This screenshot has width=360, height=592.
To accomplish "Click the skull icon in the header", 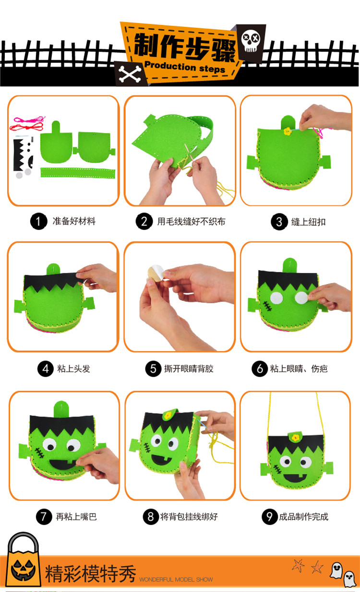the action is [251, 40].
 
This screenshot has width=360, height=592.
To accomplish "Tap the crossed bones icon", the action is [130, 74].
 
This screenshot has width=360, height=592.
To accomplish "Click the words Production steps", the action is [185, 67].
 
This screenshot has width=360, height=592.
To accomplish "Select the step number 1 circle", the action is [38, 221].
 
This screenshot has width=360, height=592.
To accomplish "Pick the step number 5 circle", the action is [154, 368].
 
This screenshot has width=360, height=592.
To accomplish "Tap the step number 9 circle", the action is [270, 516].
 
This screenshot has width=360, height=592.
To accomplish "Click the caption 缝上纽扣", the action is [309, 222].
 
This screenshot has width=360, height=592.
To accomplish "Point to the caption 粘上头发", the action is [74, 368].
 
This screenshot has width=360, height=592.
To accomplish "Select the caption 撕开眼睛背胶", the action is [189, 368].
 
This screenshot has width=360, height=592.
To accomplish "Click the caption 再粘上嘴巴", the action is [76, 516].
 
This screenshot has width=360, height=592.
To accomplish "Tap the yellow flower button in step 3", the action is [288, 131].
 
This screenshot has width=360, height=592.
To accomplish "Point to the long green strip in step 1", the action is [78, 173].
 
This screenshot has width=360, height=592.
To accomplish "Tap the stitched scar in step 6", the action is [267, 306].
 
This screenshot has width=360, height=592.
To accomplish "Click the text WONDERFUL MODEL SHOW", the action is [176, 580].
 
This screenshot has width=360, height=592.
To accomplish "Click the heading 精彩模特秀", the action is [90, 574].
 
